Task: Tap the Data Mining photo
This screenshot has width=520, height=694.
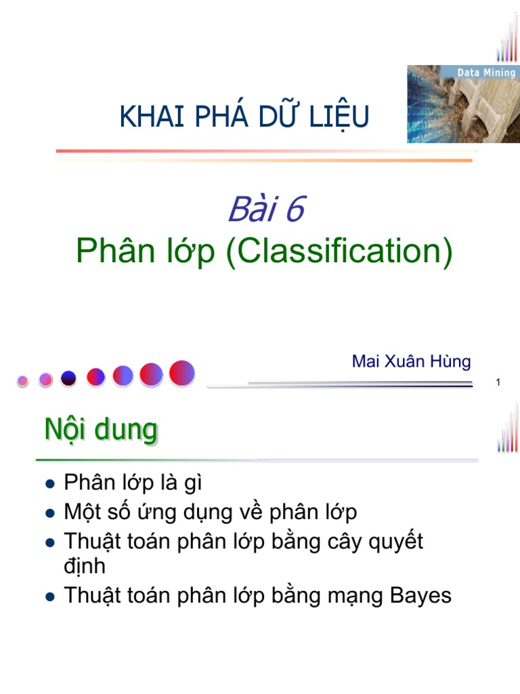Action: coord(462,104)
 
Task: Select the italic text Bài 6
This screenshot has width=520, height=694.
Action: coord(265,209)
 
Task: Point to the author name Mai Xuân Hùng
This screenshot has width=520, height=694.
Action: coord(411,361)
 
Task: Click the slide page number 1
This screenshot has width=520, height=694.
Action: coord(498,384)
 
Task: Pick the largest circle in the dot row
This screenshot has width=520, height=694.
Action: coord(182,373)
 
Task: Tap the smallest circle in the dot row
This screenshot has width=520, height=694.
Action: coord(22,381)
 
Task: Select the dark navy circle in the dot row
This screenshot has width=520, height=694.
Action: coord(68,378)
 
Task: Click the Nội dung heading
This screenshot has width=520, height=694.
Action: coord(101,430)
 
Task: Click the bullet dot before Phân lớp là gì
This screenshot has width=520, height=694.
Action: coord(48,484)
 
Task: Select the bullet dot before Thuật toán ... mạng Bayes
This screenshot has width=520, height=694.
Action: coord(48,596)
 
